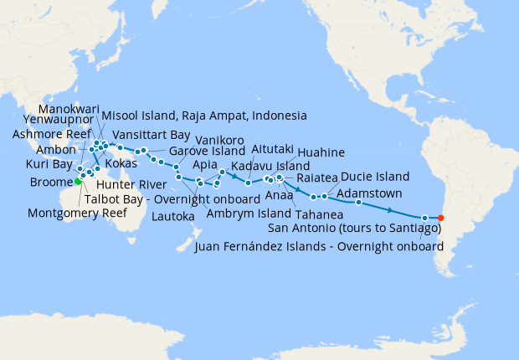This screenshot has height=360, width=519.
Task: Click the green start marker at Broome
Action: click(x=78, y=181)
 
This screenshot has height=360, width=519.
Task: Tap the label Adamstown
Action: click(x=369, y=193)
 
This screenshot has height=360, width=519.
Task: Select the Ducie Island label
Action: click(x=375, y=177)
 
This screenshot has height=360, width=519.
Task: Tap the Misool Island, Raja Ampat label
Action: click(x=204, y=115)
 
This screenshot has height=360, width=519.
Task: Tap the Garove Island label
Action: click(x=207, y=152)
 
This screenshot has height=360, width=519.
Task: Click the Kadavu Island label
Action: click(x=269, y=167)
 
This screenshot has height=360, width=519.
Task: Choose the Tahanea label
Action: click(x=319, y=213)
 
